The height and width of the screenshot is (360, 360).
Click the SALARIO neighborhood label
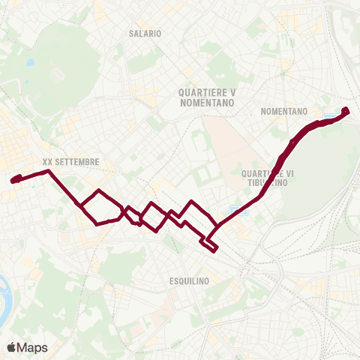[145, 34]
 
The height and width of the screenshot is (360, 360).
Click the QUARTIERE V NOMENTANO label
[208, 97]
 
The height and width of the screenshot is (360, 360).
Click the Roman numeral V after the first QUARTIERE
[233, 92]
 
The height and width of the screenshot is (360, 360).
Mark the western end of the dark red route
[13, 180]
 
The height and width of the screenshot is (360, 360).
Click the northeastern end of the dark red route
[346, 111]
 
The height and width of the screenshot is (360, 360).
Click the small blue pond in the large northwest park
[29, 63]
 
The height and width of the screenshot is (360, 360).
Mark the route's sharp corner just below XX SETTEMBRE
[49, 172]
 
